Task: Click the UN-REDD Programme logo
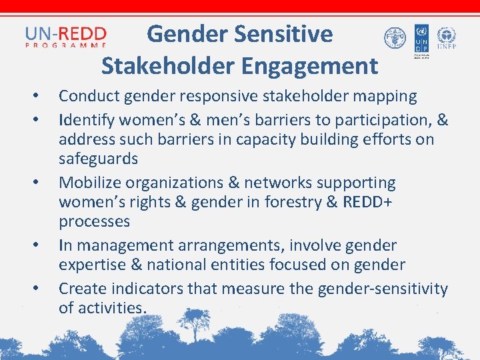66,36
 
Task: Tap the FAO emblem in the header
395,38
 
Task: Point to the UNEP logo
446,38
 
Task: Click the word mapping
383,96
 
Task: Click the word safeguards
98,159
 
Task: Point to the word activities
111,308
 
